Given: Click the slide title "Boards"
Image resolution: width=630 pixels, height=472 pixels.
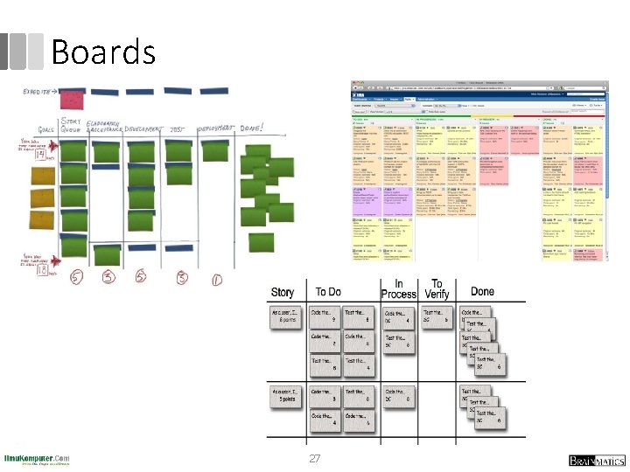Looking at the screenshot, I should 103,52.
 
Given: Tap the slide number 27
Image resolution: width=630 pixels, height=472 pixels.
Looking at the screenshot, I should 315,458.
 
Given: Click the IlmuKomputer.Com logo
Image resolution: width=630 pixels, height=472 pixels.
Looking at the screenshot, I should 37,459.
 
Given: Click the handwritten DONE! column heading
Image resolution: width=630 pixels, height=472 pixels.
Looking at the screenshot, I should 257,128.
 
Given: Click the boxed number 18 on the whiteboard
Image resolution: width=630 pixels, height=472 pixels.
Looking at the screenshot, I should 41,272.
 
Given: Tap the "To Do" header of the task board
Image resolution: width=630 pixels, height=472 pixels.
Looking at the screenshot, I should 328,292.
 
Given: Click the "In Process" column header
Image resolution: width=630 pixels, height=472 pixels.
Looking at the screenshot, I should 398,289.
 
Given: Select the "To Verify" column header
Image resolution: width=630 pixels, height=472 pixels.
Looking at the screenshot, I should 437,289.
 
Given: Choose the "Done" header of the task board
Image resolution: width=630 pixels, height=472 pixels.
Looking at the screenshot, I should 482,292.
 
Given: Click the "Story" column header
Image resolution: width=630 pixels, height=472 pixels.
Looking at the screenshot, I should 283,292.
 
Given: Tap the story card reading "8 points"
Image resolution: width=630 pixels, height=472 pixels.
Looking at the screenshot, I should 286,316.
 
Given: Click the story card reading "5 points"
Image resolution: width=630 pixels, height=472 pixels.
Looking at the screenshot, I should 286,395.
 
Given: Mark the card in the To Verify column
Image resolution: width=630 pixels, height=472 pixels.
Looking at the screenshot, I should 437,316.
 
